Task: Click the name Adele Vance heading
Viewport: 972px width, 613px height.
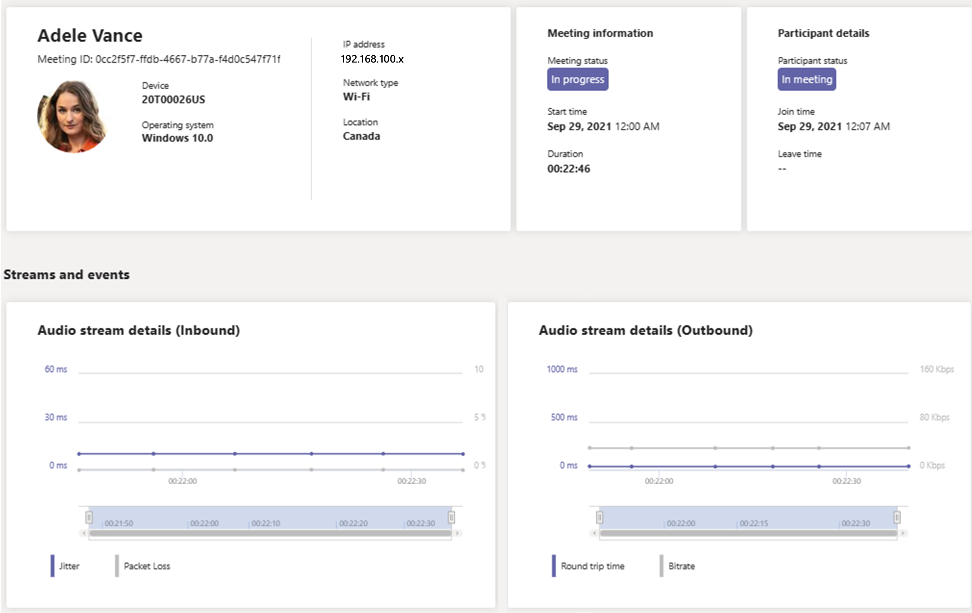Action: (90, 36)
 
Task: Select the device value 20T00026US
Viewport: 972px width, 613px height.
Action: (173, 99)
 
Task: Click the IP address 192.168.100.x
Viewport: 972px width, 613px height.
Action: (372, 59)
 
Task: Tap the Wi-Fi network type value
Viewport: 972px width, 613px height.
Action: (356, 97)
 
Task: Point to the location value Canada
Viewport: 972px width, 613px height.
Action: (361, 136)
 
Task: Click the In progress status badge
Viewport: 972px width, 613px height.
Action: (577, 79)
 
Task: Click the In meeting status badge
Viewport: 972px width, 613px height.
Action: (806, 79)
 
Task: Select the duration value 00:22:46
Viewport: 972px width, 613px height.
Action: (568, 169)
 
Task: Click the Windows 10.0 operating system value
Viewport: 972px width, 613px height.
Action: (177, 138)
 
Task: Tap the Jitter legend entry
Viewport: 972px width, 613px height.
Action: (69, 566)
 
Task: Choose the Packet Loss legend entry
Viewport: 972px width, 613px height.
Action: (147, 566)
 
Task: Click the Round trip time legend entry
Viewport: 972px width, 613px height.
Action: (592, 566)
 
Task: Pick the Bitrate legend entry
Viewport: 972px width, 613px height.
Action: (681, 566)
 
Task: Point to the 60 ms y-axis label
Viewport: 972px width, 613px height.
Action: (56, 369)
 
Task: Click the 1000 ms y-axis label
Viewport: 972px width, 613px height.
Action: (562, 369)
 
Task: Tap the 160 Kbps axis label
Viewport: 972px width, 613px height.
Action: (936, 369)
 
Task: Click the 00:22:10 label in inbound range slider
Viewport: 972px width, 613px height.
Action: (266, 523)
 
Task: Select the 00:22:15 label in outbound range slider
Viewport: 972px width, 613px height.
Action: (754, 523)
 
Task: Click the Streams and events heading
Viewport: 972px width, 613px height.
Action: (67, 275)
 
